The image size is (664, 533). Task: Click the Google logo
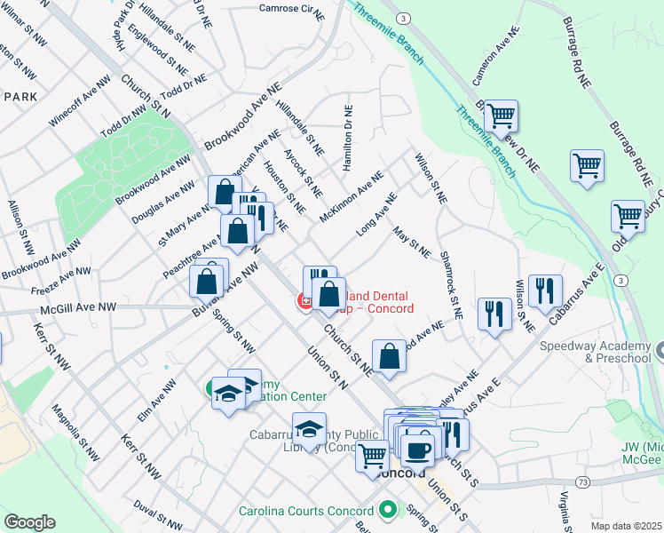pos(29,522)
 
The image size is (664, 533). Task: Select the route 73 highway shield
pos(582,481)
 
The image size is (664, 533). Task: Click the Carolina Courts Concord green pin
pos(387,511)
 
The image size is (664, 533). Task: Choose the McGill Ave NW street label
pos(78,307)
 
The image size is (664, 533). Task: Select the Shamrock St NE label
pos(451,283)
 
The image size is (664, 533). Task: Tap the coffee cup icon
pos(416,448)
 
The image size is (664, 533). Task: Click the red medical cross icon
pos(305,303)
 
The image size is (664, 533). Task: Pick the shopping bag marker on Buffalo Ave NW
pos(207,280)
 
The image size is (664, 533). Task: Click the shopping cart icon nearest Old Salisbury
pos(628,215)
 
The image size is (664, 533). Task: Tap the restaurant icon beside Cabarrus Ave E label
pos(544,290)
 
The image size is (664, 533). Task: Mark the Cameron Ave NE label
pos(494,60)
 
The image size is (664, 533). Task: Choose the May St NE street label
pos(411,243)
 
